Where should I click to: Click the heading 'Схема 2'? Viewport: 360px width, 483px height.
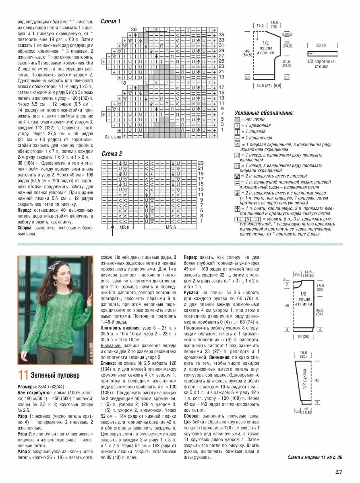[112, 154]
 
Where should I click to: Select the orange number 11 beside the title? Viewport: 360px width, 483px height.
[23, 375]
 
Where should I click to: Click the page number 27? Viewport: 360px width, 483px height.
[339, 472]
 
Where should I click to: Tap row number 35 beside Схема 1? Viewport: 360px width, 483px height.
[221, 35]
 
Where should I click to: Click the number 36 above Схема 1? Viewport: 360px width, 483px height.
[134, 29]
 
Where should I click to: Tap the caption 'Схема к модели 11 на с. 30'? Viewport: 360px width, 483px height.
[315, 457]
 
